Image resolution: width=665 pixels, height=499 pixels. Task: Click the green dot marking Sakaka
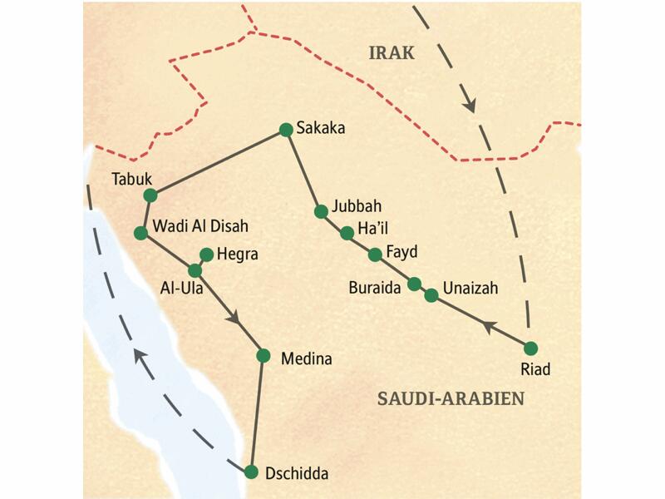[x=286, y=129]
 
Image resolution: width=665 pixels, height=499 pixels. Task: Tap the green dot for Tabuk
[x=150, y=195]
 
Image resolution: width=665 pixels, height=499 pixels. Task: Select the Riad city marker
[x=530, y=348]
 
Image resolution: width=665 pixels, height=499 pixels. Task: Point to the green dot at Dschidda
[x=252, y=472]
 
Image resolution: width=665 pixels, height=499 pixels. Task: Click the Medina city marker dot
[x=264, y=355]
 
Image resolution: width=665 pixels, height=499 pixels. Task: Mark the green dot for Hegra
[x=207, y=254]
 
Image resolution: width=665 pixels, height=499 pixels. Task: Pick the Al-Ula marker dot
[x=195, y=270]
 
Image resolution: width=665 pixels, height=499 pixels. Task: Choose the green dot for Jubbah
[x=321, y=211]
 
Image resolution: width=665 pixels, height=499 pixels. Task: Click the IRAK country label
[x=392, y=54]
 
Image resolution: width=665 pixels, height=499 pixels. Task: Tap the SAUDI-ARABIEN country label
[x=451, y=398]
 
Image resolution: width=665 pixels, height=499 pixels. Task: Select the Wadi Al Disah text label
[x=200, y=226]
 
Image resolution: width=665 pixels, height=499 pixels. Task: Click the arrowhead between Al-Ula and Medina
[x=236, y=318]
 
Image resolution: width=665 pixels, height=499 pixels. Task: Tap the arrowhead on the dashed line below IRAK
[x=469, y=105]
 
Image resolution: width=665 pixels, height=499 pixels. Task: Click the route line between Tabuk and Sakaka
[x=218, y=162]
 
